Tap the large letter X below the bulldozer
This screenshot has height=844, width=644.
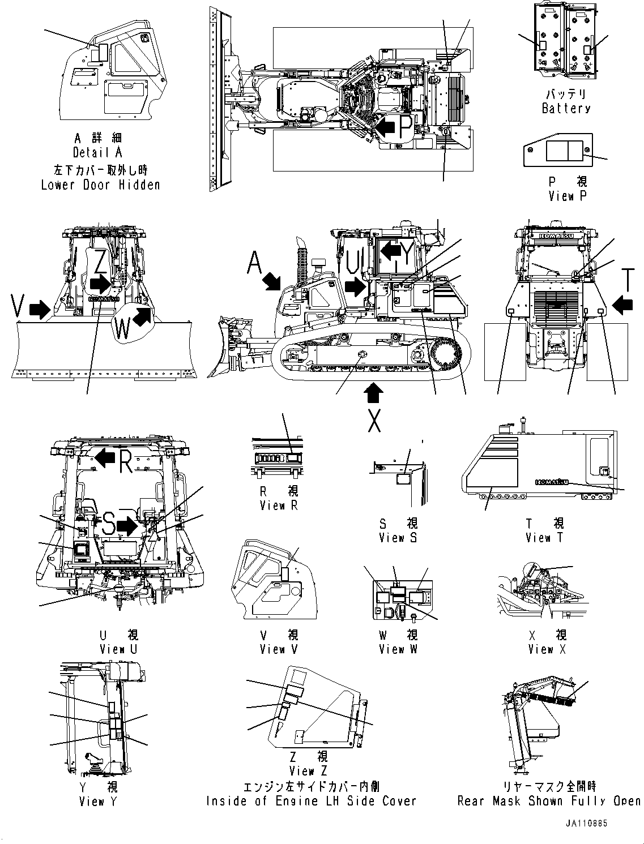374,420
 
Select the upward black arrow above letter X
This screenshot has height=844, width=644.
374,393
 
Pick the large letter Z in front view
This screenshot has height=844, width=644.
101,262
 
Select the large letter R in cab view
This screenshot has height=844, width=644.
126,461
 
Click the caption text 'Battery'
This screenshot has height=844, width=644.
566,108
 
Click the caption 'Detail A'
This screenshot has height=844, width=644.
97,152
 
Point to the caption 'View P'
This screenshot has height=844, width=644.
568,196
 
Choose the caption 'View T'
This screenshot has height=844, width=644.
544,537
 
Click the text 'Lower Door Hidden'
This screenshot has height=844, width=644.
100,185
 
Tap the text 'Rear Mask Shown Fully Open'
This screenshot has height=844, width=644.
549,801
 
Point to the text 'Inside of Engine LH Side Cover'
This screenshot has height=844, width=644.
311,801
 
